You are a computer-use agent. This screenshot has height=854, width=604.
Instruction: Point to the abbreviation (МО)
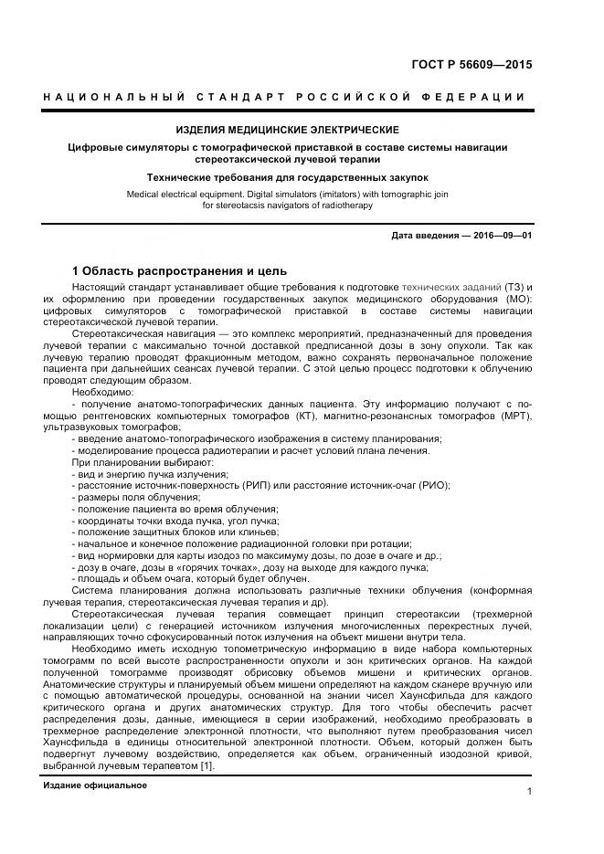coord(514,300)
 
